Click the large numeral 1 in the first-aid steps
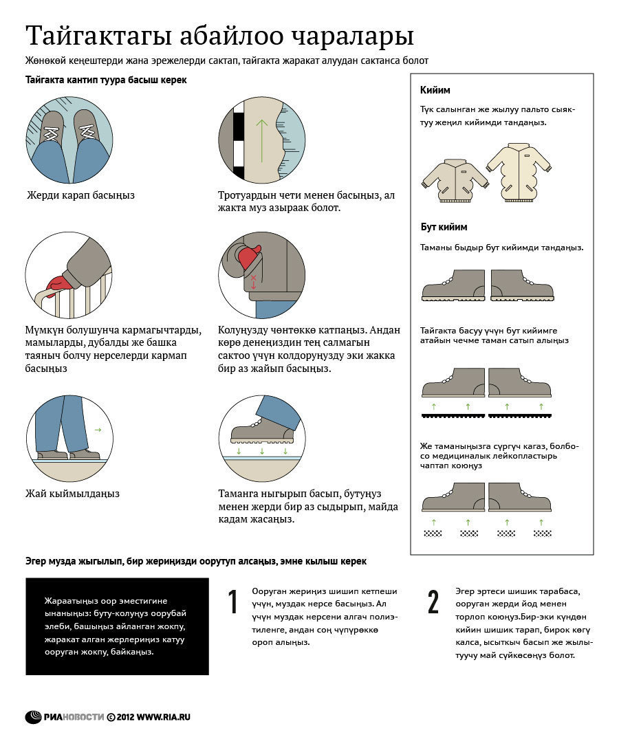tap(232, 602)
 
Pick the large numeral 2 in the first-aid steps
tap(433, 602)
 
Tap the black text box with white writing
tap(117, 626)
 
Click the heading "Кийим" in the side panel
tap(435, 90)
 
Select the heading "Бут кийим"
tap(444, 227)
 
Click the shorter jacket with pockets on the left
tap(455, 180)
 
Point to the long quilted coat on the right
tap(518, 172)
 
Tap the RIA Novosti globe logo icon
tap(34, 717)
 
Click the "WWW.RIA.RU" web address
tap(163, 717)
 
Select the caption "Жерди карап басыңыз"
tap(80, 195)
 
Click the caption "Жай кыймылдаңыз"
tap(73, 494)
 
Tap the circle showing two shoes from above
tap(68, 138)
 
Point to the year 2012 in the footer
tap(124, 717)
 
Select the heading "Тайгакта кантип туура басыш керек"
tap(106, 80)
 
